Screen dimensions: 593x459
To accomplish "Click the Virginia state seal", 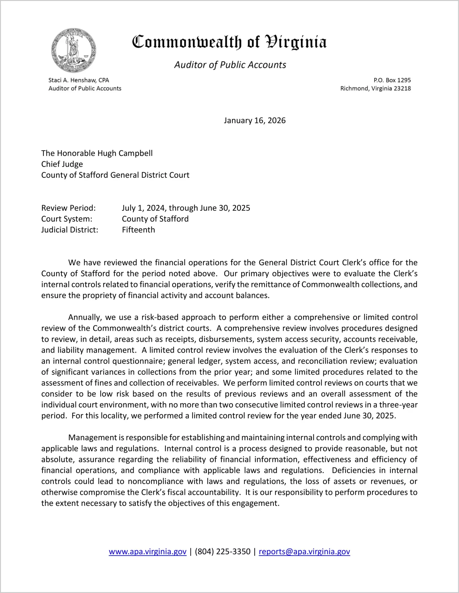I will [73, 51].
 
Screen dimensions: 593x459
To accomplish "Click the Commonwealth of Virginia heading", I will [229, 42].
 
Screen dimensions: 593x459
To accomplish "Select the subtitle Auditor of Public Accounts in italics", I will [230, 65].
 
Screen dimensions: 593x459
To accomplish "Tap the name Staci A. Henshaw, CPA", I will [79, 80].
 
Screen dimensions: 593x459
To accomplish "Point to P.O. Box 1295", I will [392, 80].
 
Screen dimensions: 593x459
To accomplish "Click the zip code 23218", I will [402, 88].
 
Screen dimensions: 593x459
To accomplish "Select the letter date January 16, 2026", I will [255, 120].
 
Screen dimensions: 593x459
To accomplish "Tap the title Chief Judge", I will [62, 164].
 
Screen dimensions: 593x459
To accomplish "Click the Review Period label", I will [69, 208].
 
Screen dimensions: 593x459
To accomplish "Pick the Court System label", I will [67, 219].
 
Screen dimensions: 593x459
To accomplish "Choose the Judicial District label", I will [70, 230].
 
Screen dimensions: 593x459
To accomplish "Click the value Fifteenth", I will [138, 230].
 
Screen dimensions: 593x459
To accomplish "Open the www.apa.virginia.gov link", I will [147, 552].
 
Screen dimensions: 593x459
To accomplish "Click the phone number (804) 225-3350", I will [222, 552].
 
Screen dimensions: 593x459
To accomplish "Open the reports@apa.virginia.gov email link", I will [304, 552].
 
